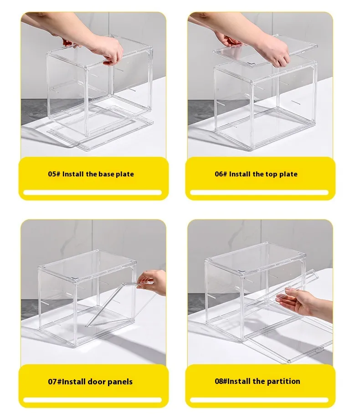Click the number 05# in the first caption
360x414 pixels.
[x=54, y=174]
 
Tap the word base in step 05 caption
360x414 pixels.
[x=106, y=174]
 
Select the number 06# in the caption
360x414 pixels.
[x=221, y=174]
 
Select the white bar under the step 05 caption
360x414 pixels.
[x=93, y=192]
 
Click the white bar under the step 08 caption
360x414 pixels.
[x=259, y=400]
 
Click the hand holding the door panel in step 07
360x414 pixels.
[x=152, y=281]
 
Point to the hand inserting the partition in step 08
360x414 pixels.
[x=303, y=302]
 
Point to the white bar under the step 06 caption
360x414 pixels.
[x=259, y=192]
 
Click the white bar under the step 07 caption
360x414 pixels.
[x=93, y=400]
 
